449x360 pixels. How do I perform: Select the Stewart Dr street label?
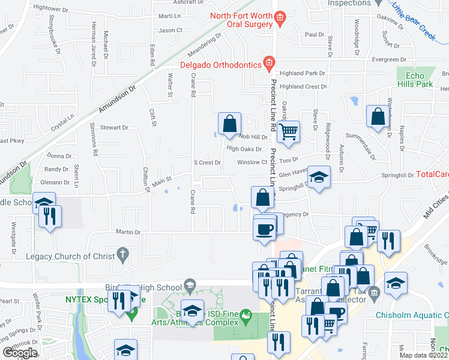click(114, 128)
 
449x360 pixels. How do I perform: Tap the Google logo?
click(20, 353)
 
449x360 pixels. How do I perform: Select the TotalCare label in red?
click(432, 175)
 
